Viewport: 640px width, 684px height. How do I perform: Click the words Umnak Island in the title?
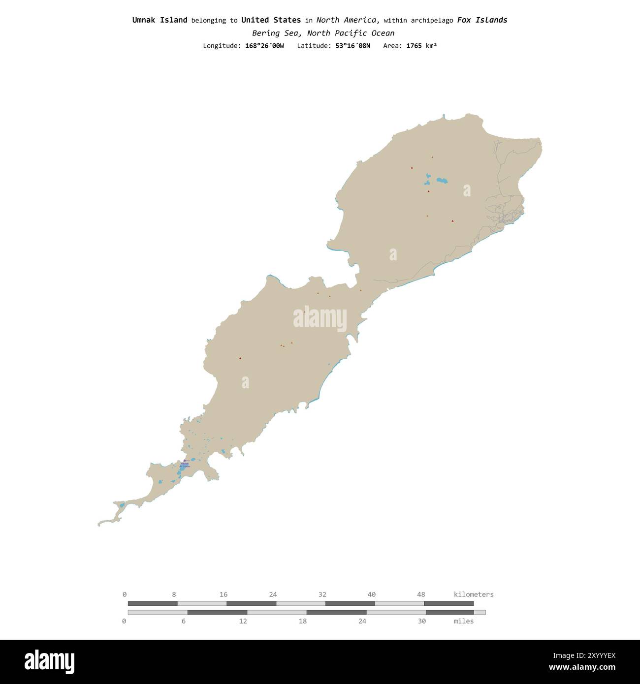coord(160,20)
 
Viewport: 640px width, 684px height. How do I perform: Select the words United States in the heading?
coord(271,20)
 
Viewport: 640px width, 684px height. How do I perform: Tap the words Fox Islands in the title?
coord(482,20)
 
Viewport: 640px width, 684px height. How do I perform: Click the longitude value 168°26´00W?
coord(264,46)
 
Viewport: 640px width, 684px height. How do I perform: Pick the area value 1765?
coord(414,46)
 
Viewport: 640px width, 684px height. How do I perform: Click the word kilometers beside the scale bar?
coord(473,594)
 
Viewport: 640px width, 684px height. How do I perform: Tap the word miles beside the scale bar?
coord(463,621)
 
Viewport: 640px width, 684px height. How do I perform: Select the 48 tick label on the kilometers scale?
coord(421,594)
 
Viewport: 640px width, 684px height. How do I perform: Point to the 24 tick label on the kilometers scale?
coord(273,594)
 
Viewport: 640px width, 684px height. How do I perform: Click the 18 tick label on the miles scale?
coord(302,621)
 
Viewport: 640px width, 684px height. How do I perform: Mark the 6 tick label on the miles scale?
coord(184,621)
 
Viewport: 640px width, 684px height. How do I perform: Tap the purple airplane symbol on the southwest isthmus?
coord(185,461)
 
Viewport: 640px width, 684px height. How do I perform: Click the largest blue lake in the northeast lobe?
coord(442,181)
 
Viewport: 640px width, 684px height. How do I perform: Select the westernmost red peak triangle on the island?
coord(240,358)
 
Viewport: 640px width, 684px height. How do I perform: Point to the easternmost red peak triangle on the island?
coord(452,221)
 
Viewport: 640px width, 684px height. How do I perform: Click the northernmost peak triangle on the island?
coord(432,157)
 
